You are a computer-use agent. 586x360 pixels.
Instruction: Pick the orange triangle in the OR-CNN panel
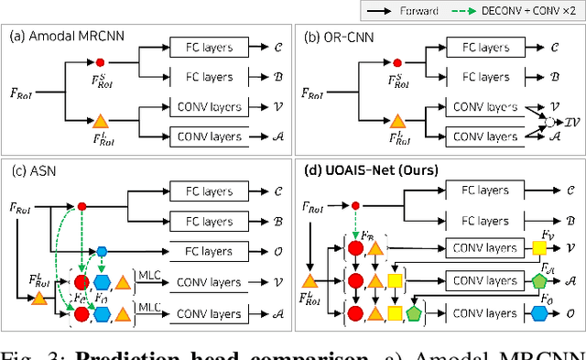click(396, 120)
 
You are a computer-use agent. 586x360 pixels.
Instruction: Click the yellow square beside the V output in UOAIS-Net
click(539, 248)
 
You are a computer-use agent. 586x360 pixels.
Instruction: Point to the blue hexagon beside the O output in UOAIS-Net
click(539, 313)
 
